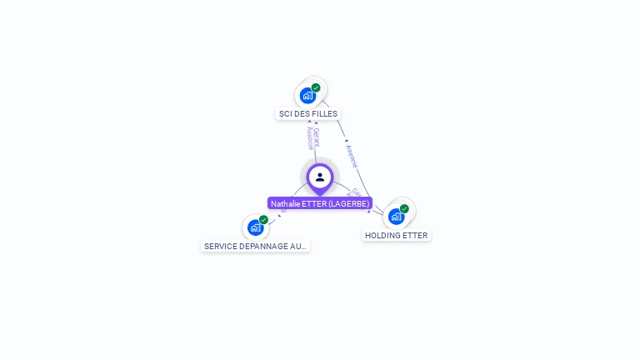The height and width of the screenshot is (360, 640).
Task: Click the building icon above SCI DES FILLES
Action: tap(307, 96)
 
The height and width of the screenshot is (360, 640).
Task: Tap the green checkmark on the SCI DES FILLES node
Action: tap(316, 87)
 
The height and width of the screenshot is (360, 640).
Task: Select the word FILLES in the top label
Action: tap(324, 113)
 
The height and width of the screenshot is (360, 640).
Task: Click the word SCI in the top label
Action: tap(286, 113)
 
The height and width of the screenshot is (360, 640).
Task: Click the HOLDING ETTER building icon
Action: tap(396, 217)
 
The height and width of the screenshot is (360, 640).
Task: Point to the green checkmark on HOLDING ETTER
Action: tap(404, 208)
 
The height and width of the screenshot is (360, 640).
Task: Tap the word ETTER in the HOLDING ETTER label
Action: tap(415, 236)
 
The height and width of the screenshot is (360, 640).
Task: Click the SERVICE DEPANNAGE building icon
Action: tap(255, 227)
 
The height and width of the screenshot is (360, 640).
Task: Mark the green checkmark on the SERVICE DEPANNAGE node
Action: tap(263, 220)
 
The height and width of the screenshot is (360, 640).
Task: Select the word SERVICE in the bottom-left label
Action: tap(221, 247)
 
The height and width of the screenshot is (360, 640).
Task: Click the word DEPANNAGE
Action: tap(264, 247)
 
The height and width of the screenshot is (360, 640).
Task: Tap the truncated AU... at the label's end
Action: tap(299, 247)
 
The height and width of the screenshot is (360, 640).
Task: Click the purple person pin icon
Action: tap(320, 177)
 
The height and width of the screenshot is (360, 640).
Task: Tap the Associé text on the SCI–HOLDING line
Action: tap(352, 156)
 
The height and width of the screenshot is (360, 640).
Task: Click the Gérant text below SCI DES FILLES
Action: tap(316, 136)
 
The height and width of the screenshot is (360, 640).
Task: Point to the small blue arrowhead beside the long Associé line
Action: tap(347, 142)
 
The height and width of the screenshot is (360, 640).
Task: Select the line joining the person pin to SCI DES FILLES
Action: tap(315, 154)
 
